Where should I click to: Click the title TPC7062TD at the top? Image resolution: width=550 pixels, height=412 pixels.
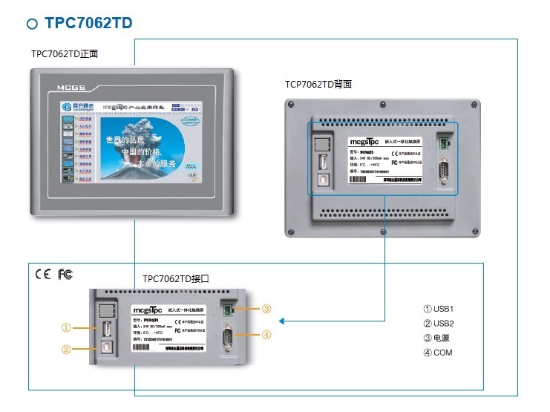[89, 23]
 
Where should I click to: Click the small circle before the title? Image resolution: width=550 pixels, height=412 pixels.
[32, 24]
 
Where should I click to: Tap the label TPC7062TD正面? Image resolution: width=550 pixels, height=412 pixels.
[65, 54]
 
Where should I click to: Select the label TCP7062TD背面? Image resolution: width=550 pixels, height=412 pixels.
[318, 85]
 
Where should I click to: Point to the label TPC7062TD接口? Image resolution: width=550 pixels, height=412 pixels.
[176, 279]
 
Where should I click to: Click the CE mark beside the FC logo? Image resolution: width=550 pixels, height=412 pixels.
[43, 275]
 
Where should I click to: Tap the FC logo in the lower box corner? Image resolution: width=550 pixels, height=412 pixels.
[65, 275]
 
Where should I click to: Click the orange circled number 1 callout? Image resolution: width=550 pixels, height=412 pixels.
[67, 327]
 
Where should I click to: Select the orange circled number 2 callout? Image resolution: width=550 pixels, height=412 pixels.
[67, 349]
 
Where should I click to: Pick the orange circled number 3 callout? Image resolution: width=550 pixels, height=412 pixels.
[266, 310]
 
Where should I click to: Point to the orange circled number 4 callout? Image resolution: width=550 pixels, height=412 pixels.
[266, 334]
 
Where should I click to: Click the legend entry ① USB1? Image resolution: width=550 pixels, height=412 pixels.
[438, 309]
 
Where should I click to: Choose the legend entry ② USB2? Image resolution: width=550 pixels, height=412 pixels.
[438, 323]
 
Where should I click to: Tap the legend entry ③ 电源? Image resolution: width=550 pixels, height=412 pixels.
[436, 338]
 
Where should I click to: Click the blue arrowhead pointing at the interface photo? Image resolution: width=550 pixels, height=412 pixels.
[283, 321]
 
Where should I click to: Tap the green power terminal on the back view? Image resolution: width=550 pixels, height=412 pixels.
[445, 141]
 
